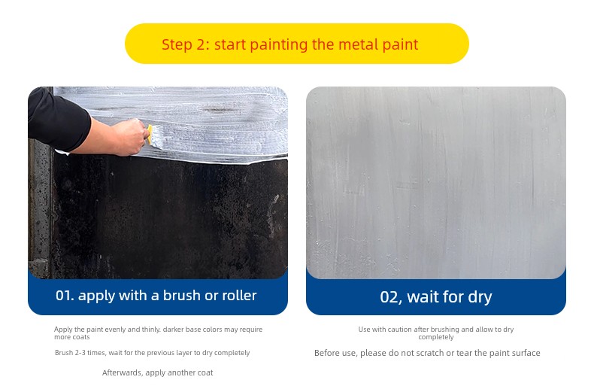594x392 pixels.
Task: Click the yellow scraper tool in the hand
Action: click(150, 134)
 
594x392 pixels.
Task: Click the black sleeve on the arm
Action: click(57, 117)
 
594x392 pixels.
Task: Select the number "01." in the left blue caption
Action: click(65, 296)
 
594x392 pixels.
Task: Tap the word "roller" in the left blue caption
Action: click(239, 296)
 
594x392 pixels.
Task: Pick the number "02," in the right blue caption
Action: click(391, 298)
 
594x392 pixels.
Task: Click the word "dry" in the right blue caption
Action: click(480, 298)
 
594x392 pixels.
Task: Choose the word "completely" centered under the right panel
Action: click(436, 337)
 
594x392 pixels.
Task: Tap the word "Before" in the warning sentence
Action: click(326, 353)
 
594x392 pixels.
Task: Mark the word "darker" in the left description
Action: click(174, 330)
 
